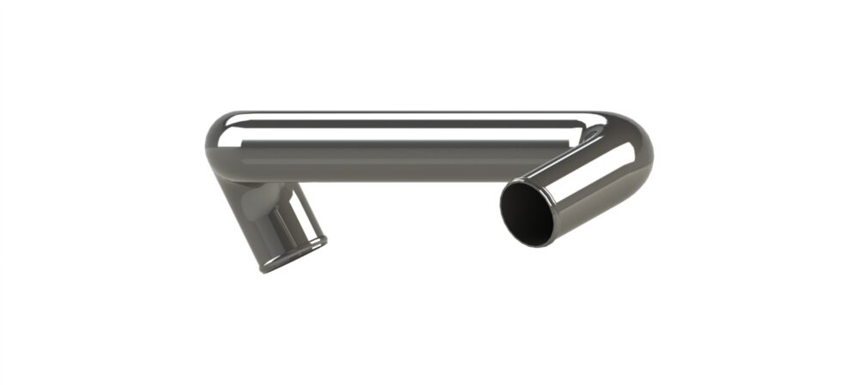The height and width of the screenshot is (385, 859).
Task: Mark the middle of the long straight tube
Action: (404, 146)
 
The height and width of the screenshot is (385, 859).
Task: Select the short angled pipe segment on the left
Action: (271, 219)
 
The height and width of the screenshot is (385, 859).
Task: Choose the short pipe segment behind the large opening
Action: (593, 184)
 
